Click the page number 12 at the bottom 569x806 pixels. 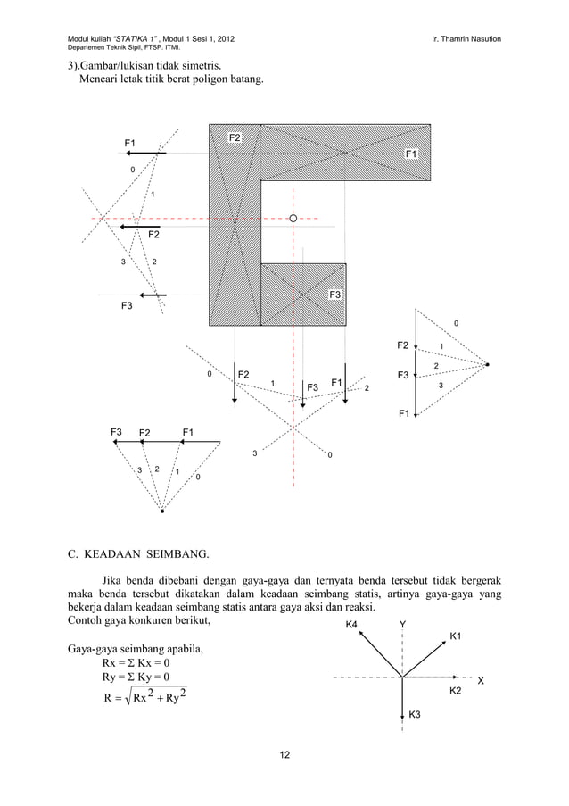tap(284, 757)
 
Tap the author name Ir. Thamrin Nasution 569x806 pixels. tap(465, 38)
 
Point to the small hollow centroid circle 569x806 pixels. tap(293, 217)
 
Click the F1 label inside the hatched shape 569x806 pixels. tap(411, 154)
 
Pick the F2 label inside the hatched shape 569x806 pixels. tap(235, 137)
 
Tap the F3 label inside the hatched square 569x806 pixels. tap(335, 295)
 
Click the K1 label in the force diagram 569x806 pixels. tap(455, 636)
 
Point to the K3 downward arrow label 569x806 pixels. tap(416, 716)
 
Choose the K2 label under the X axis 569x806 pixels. tap(454, 692)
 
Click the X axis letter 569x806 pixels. tap(482, 682)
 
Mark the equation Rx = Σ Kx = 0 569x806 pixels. tap(136, 663)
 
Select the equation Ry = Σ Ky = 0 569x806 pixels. tap(136, 678)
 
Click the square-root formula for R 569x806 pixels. tap(136, 698)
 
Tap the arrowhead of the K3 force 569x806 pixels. tap(403, 716)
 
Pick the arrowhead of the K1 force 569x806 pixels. tap(445, 642)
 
